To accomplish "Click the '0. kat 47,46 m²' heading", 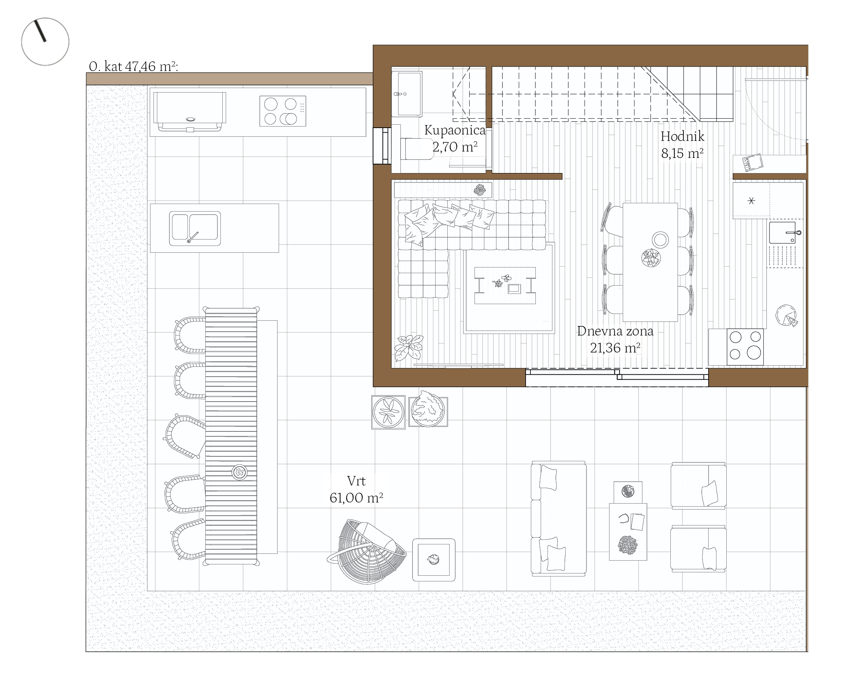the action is [x=133, y=66].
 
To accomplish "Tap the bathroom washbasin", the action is [x=407, y=94].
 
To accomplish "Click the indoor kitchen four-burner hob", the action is [x=745, y=347].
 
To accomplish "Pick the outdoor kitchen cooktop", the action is [x=283, y=111].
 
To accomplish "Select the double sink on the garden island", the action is [x=195, y=229].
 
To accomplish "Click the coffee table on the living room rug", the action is [x=505, y=286].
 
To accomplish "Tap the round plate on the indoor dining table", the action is [x=660, y=240].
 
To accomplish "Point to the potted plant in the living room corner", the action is [x=409, y=348].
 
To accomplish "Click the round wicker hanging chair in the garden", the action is [x=366, y=551].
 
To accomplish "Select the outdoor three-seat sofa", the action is [x=558, y=518].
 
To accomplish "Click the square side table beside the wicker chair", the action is [x=434, y=560].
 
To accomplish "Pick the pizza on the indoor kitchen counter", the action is [x=786, y=316].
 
